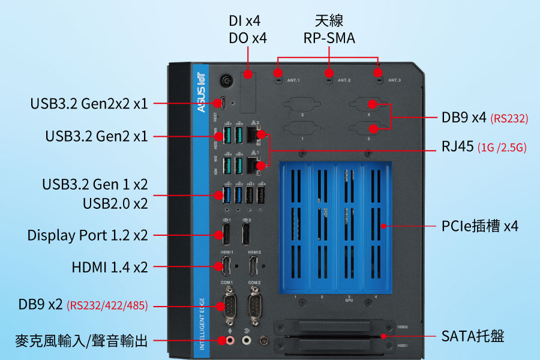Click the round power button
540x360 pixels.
pyautogui.click(x=227, y=80)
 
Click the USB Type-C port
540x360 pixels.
pyautogui.click(x=223, y=103)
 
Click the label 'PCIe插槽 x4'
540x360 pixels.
pyautogui.click(x=480, y=226)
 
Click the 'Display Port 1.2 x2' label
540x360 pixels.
pyautogui.click(x=88, y=235)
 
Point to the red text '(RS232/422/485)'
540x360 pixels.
pyautogui.click(x=107, y=306)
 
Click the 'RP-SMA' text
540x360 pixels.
pyautogui.click(x=329, y=38)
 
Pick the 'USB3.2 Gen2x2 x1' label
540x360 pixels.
pyautogui.click(x=89, y=103)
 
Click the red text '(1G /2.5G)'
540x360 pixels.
pyautogui.click(x=502, y=148)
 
